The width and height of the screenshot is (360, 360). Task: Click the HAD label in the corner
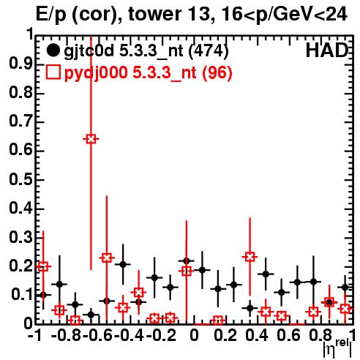coord(327,50)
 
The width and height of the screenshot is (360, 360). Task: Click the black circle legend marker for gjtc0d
coord(53,50)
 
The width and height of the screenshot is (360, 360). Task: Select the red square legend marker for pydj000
coord(53,72)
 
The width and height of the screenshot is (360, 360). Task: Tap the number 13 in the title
coord(199,14)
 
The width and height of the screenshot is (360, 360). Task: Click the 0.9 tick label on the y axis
coord(20,64)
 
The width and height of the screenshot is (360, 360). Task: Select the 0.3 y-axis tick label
coord(20,237)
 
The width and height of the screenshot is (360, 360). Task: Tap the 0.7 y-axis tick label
coord(20,122)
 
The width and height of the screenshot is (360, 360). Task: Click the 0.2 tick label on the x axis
coord(225,335)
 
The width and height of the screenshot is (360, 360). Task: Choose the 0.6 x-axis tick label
coord(288,335)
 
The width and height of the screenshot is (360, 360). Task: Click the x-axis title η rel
coord(338,348)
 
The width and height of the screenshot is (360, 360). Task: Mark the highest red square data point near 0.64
coord(91,139)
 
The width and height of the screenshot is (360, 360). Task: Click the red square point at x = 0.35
coord(250,257)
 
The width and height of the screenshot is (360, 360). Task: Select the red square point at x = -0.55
coord(107,258)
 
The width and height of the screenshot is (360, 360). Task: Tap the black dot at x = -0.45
coord(123,264)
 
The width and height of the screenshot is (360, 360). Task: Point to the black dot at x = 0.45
coord(266,274)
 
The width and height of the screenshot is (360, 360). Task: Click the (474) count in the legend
coord(209,51)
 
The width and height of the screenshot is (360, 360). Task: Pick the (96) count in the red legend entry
coord(217,72)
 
